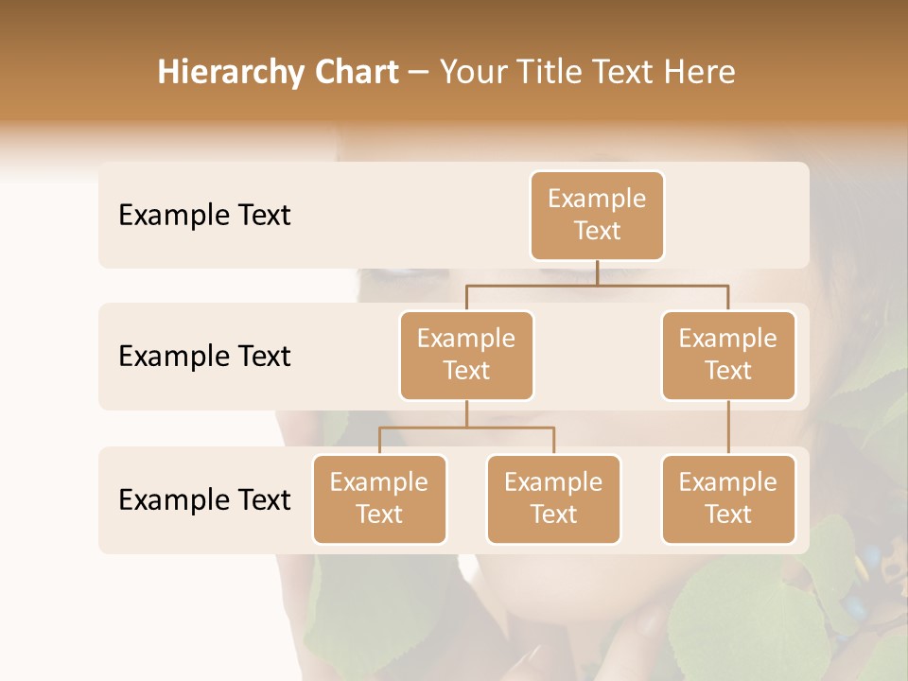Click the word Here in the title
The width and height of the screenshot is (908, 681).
[x=699, y=73]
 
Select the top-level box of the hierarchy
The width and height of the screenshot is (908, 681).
[x=597, y=216]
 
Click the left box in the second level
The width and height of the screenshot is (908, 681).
[x=466, y=356]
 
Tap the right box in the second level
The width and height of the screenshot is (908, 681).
[x=728, y=356]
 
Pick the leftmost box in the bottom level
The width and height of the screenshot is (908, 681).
[x=379, y=499]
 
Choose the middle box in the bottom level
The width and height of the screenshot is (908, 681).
[x=553, y=499]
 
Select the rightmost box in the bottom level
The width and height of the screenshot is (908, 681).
[x=728, y=499]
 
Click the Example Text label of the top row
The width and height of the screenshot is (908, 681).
[x=204, y=216]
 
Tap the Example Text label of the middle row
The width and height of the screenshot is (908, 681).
[x=204, y=357]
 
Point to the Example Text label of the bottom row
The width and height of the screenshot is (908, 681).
[x=204, y=500]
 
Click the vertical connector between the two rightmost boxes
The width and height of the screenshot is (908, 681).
[x=728, y=428]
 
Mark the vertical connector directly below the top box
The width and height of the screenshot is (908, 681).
[x=597, y=272]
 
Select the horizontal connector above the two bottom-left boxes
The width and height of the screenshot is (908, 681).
[x=466, y=428]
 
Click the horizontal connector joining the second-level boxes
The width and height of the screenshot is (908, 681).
[x=597, y=285]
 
